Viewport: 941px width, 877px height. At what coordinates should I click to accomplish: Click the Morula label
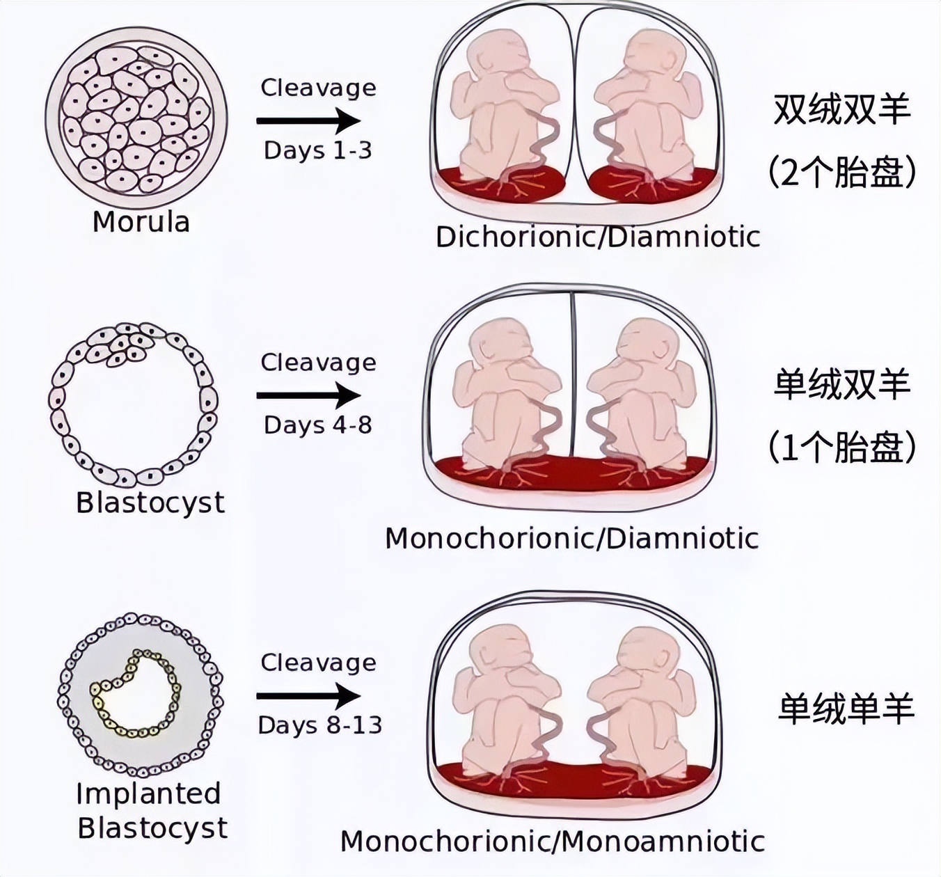coord(141,222)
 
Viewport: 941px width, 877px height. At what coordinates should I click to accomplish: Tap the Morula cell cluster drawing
coord(136,120)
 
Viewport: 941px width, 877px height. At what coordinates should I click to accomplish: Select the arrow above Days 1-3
coord(308,120)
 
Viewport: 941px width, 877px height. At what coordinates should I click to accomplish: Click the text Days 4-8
coord(317,425)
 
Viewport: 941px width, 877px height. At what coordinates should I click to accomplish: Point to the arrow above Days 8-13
coord(308,695)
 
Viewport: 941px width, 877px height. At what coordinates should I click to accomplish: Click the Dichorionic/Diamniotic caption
coord(597,237)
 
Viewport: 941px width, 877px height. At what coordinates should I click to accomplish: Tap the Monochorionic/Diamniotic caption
coord(571,538)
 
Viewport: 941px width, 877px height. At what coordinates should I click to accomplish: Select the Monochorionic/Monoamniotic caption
coord(553,842)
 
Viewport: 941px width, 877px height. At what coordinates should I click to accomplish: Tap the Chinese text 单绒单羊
coord(845,709)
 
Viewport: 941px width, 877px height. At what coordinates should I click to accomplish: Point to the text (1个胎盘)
coord(842,448)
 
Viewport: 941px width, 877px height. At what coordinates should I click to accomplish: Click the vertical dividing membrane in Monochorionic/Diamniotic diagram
coord(572,376)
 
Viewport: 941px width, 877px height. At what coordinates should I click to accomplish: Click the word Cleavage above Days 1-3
coord(318,88)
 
